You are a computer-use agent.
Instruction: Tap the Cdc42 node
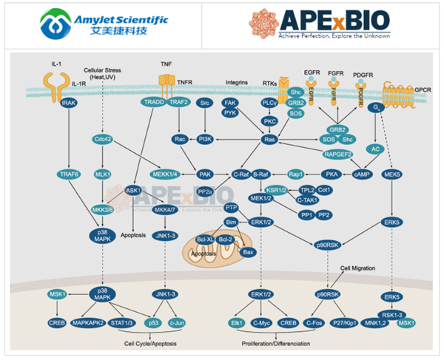pyautogui.click(x=103, y=138)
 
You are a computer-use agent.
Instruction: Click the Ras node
pyautogui.click(x=271, y=139)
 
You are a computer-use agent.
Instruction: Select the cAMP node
pyautogui.click(x=363, y=174)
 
